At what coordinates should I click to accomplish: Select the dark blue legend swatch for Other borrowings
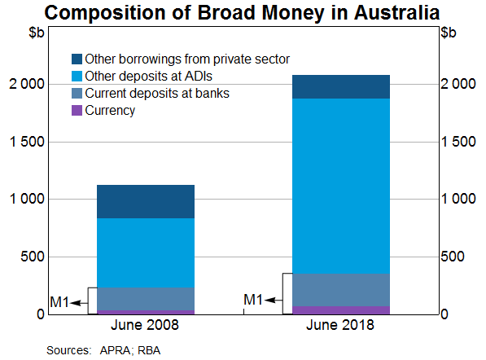77,59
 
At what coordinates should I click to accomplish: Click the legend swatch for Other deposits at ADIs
77,77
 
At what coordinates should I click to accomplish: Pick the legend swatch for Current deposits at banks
77,94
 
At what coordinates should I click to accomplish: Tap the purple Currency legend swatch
77,111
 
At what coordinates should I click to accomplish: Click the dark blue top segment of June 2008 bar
146,201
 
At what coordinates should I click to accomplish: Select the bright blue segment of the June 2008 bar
146,252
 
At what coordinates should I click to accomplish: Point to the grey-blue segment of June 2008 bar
146,299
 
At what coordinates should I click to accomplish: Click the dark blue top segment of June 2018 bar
340,86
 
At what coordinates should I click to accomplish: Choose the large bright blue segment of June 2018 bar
340,186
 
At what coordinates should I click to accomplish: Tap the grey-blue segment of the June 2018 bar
340,289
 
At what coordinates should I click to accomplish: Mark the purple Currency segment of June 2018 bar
340,310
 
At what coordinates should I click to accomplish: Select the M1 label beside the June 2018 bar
254,301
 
